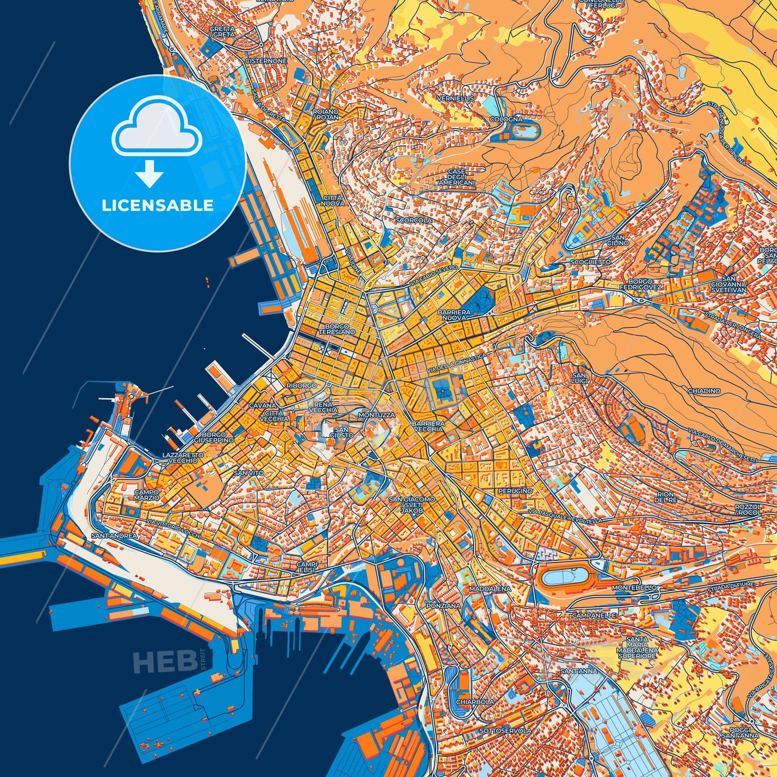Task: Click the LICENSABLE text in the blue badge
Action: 158,205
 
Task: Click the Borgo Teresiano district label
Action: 337,329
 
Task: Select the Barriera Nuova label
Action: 454,315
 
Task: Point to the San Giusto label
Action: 344,432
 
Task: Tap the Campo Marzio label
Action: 147,495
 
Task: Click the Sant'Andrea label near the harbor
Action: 115,536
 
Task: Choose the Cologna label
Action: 505,119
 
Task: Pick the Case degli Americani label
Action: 457,177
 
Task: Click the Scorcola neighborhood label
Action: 414,220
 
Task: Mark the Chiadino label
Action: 704,391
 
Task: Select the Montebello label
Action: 635,588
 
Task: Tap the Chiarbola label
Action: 475,702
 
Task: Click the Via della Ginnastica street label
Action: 456,364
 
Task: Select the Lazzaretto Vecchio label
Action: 183,458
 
